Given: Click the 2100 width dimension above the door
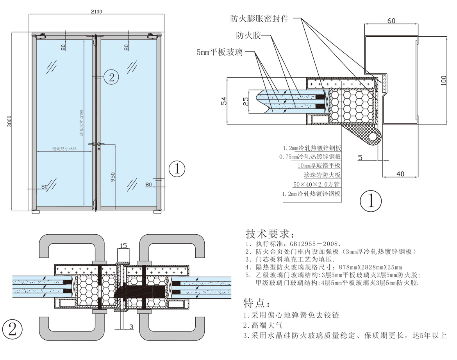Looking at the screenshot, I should (96, 11).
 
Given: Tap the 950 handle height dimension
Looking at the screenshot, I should (113, 177).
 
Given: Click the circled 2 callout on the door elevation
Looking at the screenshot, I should (111, 77).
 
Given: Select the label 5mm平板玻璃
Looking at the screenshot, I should (220, 52).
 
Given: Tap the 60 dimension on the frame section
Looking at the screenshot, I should (391, 21).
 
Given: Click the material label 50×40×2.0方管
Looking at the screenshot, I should (317, 184).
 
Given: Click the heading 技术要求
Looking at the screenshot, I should (268, 234).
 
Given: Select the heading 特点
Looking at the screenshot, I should (257, 303).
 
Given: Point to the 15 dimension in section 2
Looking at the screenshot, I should (123, 246).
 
